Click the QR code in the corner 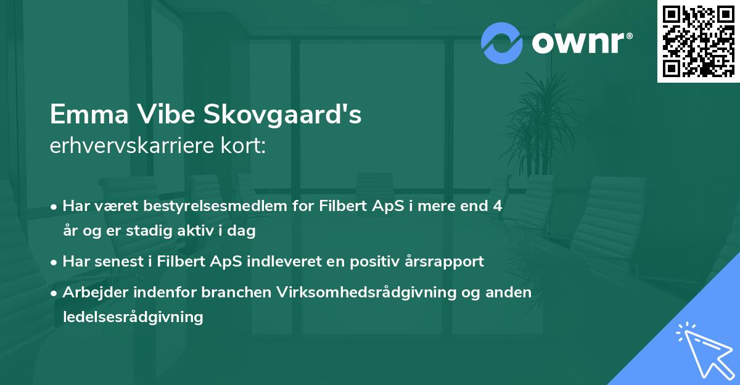pos(698,41)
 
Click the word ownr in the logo pos(582,43)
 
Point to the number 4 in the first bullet pos(498,206)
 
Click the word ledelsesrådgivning pos(133,318)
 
